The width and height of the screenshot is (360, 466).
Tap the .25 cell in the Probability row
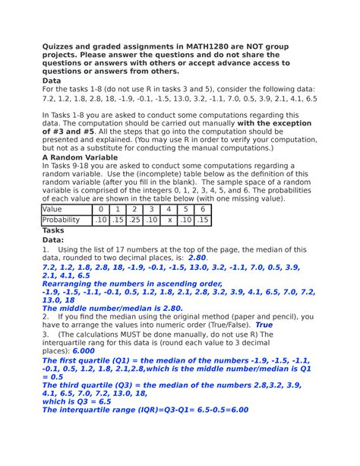[x=134, y=220]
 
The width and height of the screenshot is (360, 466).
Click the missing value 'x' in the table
[x=170, y=220]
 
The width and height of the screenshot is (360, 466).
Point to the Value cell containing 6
[x=203, y=209]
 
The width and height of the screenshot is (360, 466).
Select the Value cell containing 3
[x=152, y=209]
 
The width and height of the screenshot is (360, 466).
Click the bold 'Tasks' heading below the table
[x=54, y=230]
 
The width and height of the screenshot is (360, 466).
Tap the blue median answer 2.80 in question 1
[x=197, y=258]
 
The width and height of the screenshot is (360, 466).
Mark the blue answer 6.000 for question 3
[x=84, y=352]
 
